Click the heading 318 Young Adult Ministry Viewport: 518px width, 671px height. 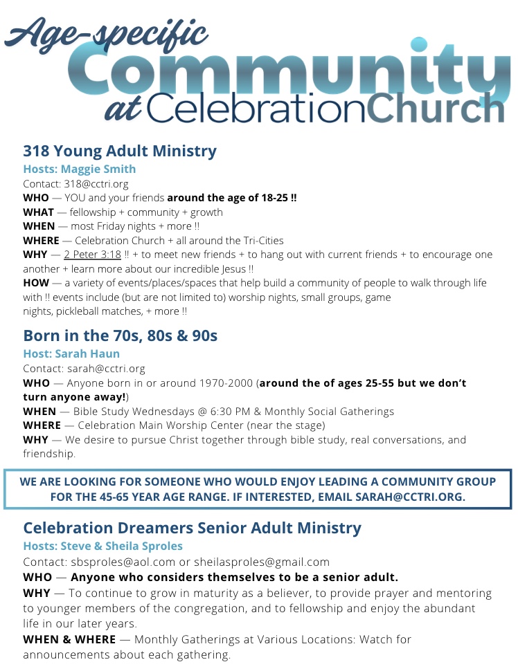(x=119, y=151)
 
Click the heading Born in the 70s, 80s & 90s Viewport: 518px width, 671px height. (x=120, y=335)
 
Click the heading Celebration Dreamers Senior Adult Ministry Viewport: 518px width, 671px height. (x=192, y=528)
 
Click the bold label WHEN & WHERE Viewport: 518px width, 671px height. (x=69, y=639)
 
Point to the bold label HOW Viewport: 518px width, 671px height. (x=36, y=283)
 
